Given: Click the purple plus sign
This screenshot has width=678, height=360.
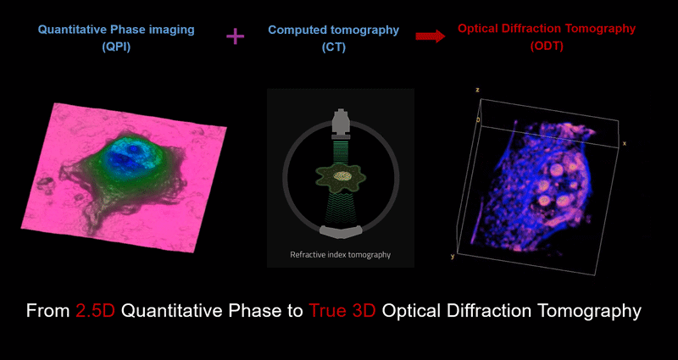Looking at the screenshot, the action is click(236, 37).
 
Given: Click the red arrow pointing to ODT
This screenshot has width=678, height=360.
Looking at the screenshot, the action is click(431, 36).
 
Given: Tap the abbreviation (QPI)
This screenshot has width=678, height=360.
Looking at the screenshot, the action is click(116, 47).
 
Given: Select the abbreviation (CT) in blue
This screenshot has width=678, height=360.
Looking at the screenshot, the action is click(334, 47).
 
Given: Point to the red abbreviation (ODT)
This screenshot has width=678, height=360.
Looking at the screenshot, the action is click(547, 47).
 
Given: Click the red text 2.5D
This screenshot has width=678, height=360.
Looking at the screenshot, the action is click(96, 311).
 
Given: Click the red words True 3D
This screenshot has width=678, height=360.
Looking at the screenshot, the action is click(342, 311).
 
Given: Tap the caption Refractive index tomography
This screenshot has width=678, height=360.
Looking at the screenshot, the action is click(341, 255).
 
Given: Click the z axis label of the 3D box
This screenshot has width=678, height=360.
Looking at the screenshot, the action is click(477, 90).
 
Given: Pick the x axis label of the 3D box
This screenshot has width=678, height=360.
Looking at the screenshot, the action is click(624, 143).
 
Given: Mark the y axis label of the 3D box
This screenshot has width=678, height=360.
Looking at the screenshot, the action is click(453, 257).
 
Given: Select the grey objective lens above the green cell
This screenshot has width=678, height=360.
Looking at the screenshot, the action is click(341, 121).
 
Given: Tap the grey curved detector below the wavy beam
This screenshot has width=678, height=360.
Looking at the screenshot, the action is click(341, 231).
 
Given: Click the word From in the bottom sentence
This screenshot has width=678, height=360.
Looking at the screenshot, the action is click(49, 311).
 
